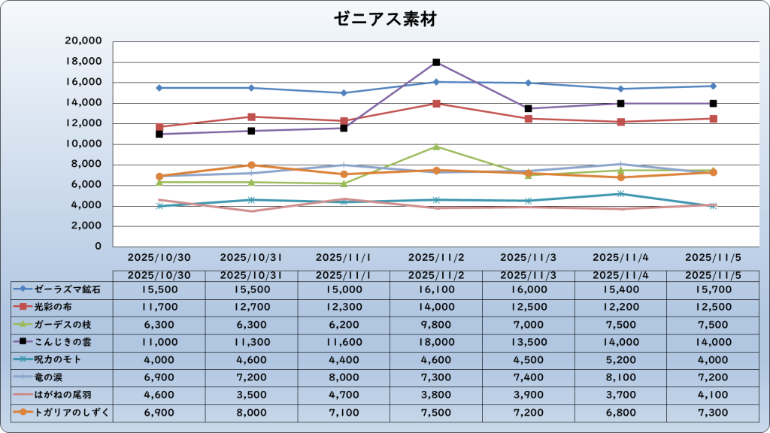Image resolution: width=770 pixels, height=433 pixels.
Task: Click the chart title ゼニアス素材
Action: pos(385,20)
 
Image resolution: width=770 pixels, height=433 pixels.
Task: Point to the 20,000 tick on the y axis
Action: pos(84,41)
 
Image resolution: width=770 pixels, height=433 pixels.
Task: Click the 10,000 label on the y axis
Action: pos(84,144)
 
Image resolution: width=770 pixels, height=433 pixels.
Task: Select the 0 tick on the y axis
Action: pos(97,247)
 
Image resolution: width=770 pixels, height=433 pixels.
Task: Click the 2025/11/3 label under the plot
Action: pos(529,257)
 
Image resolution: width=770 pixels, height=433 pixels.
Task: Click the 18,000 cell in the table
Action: pos(436,341)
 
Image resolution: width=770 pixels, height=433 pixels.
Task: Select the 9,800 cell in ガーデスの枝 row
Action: pos(436,324)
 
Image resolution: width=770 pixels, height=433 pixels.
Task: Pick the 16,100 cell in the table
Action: pos(436,289)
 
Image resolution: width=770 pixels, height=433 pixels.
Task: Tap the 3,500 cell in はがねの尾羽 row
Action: pos(251,394)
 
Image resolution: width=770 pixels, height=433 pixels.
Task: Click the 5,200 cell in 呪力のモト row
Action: pos(621,359)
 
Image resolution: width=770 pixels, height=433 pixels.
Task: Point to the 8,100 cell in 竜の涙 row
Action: pos(621,377)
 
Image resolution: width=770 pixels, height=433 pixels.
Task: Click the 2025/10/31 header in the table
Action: pos(251,275)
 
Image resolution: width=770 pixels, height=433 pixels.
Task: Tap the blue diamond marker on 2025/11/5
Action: pos(713,86)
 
